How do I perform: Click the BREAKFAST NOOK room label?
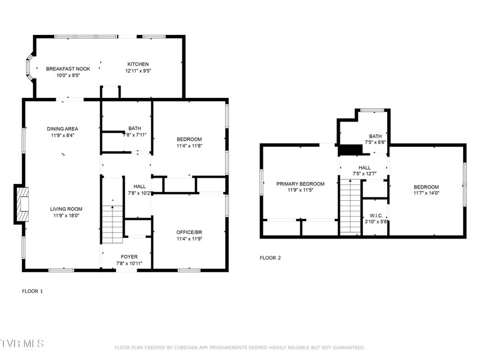coord(68,69)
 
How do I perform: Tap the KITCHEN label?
coord(138,64)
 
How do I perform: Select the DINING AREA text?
coord(62,129)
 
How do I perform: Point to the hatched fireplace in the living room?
coord(23,204)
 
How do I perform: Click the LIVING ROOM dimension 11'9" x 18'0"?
coord(66,215)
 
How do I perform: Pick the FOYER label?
coord(129,257)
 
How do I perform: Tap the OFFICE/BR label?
coord(189,232)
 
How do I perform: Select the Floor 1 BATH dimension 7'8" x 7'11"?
coord(134,134)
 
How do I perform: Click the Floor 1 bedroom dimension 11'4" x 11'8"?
coord(189,146)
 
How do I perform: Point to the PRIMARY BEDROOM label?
coord(300,184)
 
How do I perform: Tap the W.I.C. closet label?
coord(376,216)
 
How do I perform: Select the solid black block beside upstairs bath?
coord(350,150)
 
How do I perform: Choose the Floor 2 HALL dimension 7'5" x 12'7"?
coord(365,174)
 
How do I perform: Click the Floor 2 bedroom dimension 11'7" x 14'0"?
coord(426,193)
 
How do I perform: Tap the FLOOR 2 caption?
coord(270,258)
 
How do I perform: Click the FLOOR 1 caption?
coord(33,291)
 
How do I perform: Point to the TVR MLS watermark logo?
coord(22,344)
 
